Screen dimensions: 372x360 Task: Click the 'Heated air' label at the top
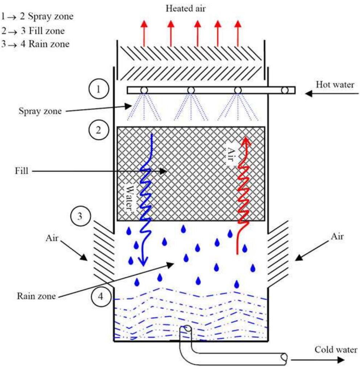point(185,8)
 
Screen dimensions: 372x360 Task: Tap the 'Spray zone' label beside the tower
point(40,111)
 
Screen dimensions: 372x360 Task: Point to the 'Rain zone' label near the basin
point(36,296)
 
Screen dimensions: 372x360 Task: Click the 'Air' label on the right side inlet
point(337,236)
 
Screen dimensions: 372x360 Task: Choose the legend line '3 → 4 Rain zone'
point(35,44)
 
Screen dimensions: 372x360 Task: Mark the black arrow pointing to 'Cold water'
point(317,360)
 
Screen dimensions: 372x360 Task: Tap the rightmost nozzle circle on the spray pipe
point(286,90)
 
